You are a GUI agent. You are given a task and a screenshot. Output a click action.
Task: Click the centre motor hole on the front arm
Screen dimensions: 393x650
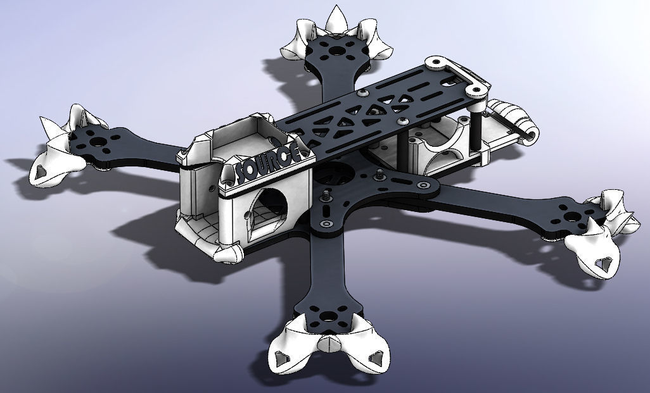tap(329, 316)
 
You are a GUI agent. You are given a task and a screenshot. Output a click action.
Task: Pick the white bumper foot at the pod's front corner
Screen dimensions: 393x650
tap(229, 253)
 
